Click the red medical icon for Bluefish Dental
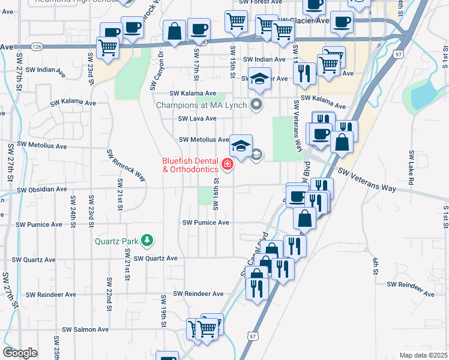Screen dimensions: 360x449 [x=228, y=164]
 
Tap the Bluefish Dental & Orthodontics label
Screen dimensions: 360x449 [x=190, y=165]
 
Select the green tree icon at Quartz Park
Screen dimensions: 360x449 [x=146, y=241]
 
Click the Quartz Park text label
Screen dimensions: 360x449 [x=116, y=242]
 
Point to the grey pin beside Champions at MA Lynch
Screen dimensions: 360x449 [x=257, y=105]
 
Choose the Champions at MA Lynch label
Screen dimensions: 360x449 [x=201, y=105]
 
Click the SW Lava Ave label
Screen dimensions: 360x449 [x=196, y=118]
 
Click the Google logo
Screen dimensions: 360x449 [x=20, y=352]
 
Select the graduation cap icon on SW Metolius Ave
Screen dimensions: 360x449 [x=241, y=146]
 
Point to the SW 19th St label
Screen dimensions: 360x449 [x=163, y=311]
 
